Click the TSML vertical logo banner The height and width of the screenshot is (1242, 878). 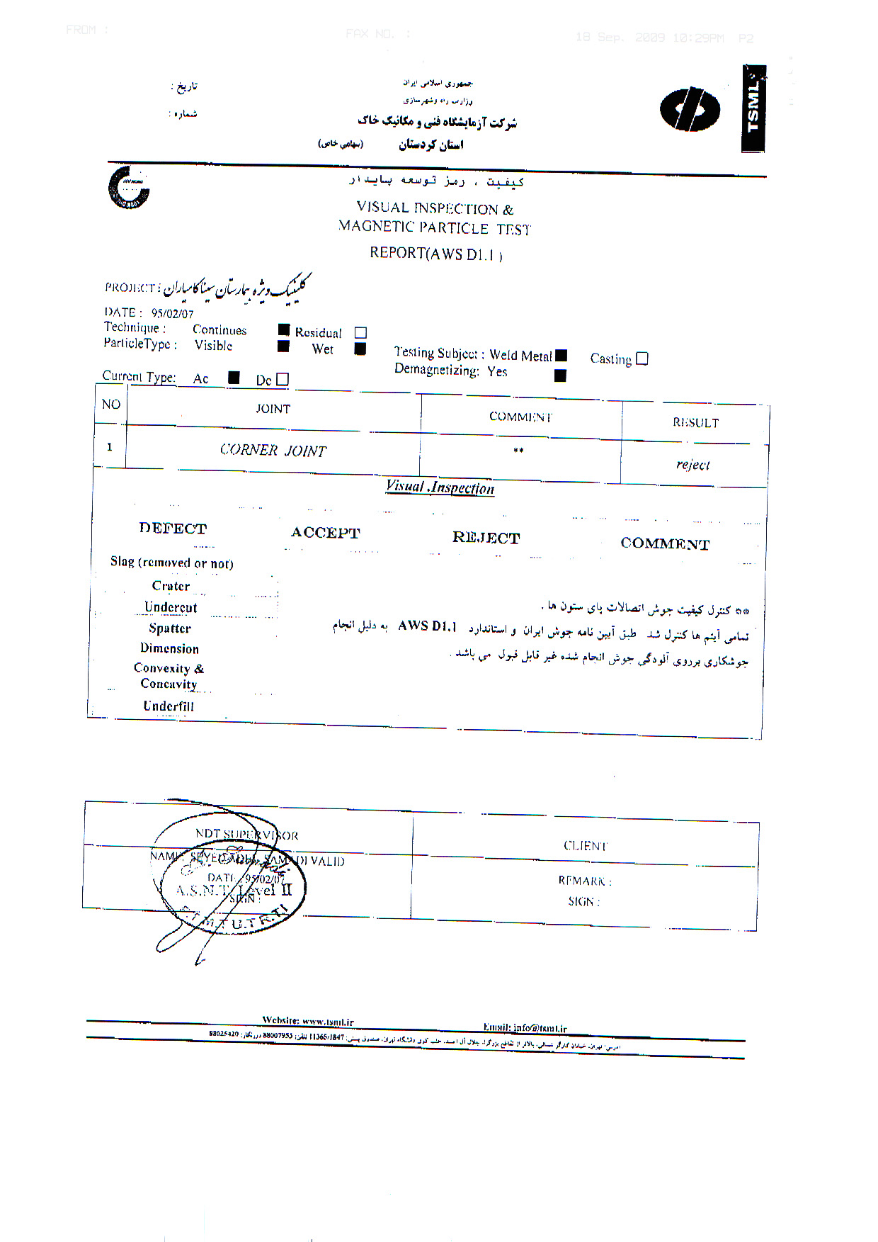pos(753,108)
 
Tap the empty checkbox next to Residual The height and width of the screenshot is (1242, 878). pos(360,333)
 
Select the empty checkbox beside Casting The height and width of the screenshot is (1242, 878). pos(642,359)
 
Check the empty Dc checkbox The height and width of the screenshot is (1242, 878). pos(283,380)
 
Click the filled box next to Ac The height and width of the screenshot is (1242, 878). pos(234,378)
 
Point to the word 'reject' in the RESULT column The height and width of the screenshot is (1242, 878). pos(692,465)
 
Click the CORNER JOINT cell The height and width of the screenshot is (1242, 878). pos(273,451)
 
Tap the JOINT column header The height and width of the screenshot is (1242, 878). pos(273,409)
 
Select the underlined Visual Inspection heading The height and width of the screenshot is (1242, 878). pos(440,487)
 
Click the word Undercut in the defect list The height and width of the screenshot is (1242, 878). pos(171,607)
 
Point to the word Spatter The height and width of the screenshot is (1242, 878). pos(170,628)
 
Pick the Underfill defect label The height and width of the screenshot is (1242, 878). pos(169,706)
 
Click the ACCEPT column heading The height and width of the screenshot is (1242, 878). pos(325,533)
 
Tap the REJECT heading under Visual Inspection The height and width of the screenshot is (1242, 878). pos(486,538)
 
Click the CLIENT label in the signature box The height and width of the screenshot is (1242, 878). pos(586,846)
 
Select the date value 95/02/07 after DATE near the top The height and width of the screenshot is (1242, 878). pos(172,313)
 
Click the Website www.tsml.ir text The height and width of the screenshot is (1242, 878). pos(308,1021)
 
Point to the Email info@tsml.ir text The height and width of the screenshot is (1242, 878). pos(525,1027)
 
